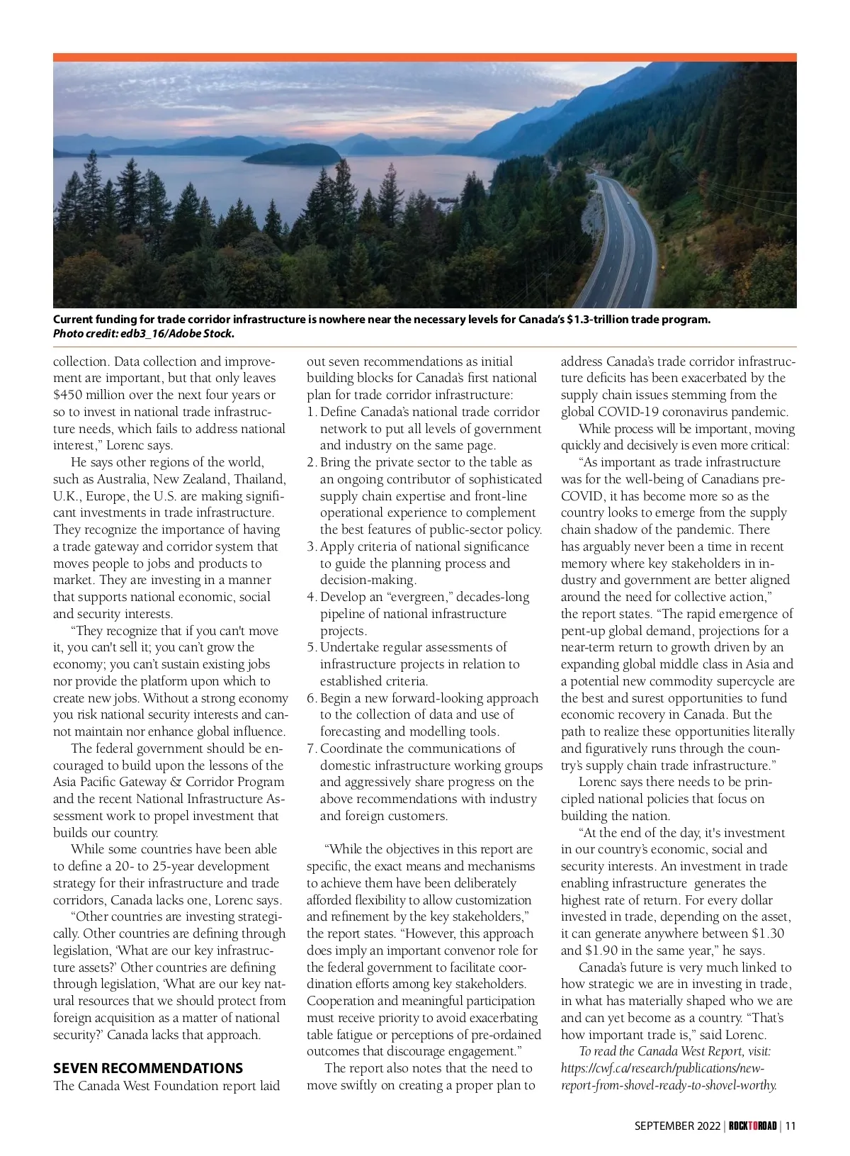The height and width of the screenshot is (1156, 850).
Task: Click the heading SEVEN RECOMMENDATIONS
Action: point(148,1068)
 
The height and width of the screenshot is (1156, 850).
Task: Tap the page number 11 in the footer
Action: point(790,1126)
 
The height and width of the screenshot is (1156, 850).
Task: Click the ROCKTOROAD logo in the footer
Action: point(753,1126)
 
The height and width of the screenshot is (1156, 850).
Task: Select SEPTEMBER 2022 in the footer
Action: point(676,1126)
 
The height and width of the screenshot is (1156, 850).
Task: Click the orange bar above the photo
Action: point(425,57)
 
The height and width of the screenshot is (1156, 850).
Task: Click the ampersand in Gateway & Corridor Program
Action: point(176,782)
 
